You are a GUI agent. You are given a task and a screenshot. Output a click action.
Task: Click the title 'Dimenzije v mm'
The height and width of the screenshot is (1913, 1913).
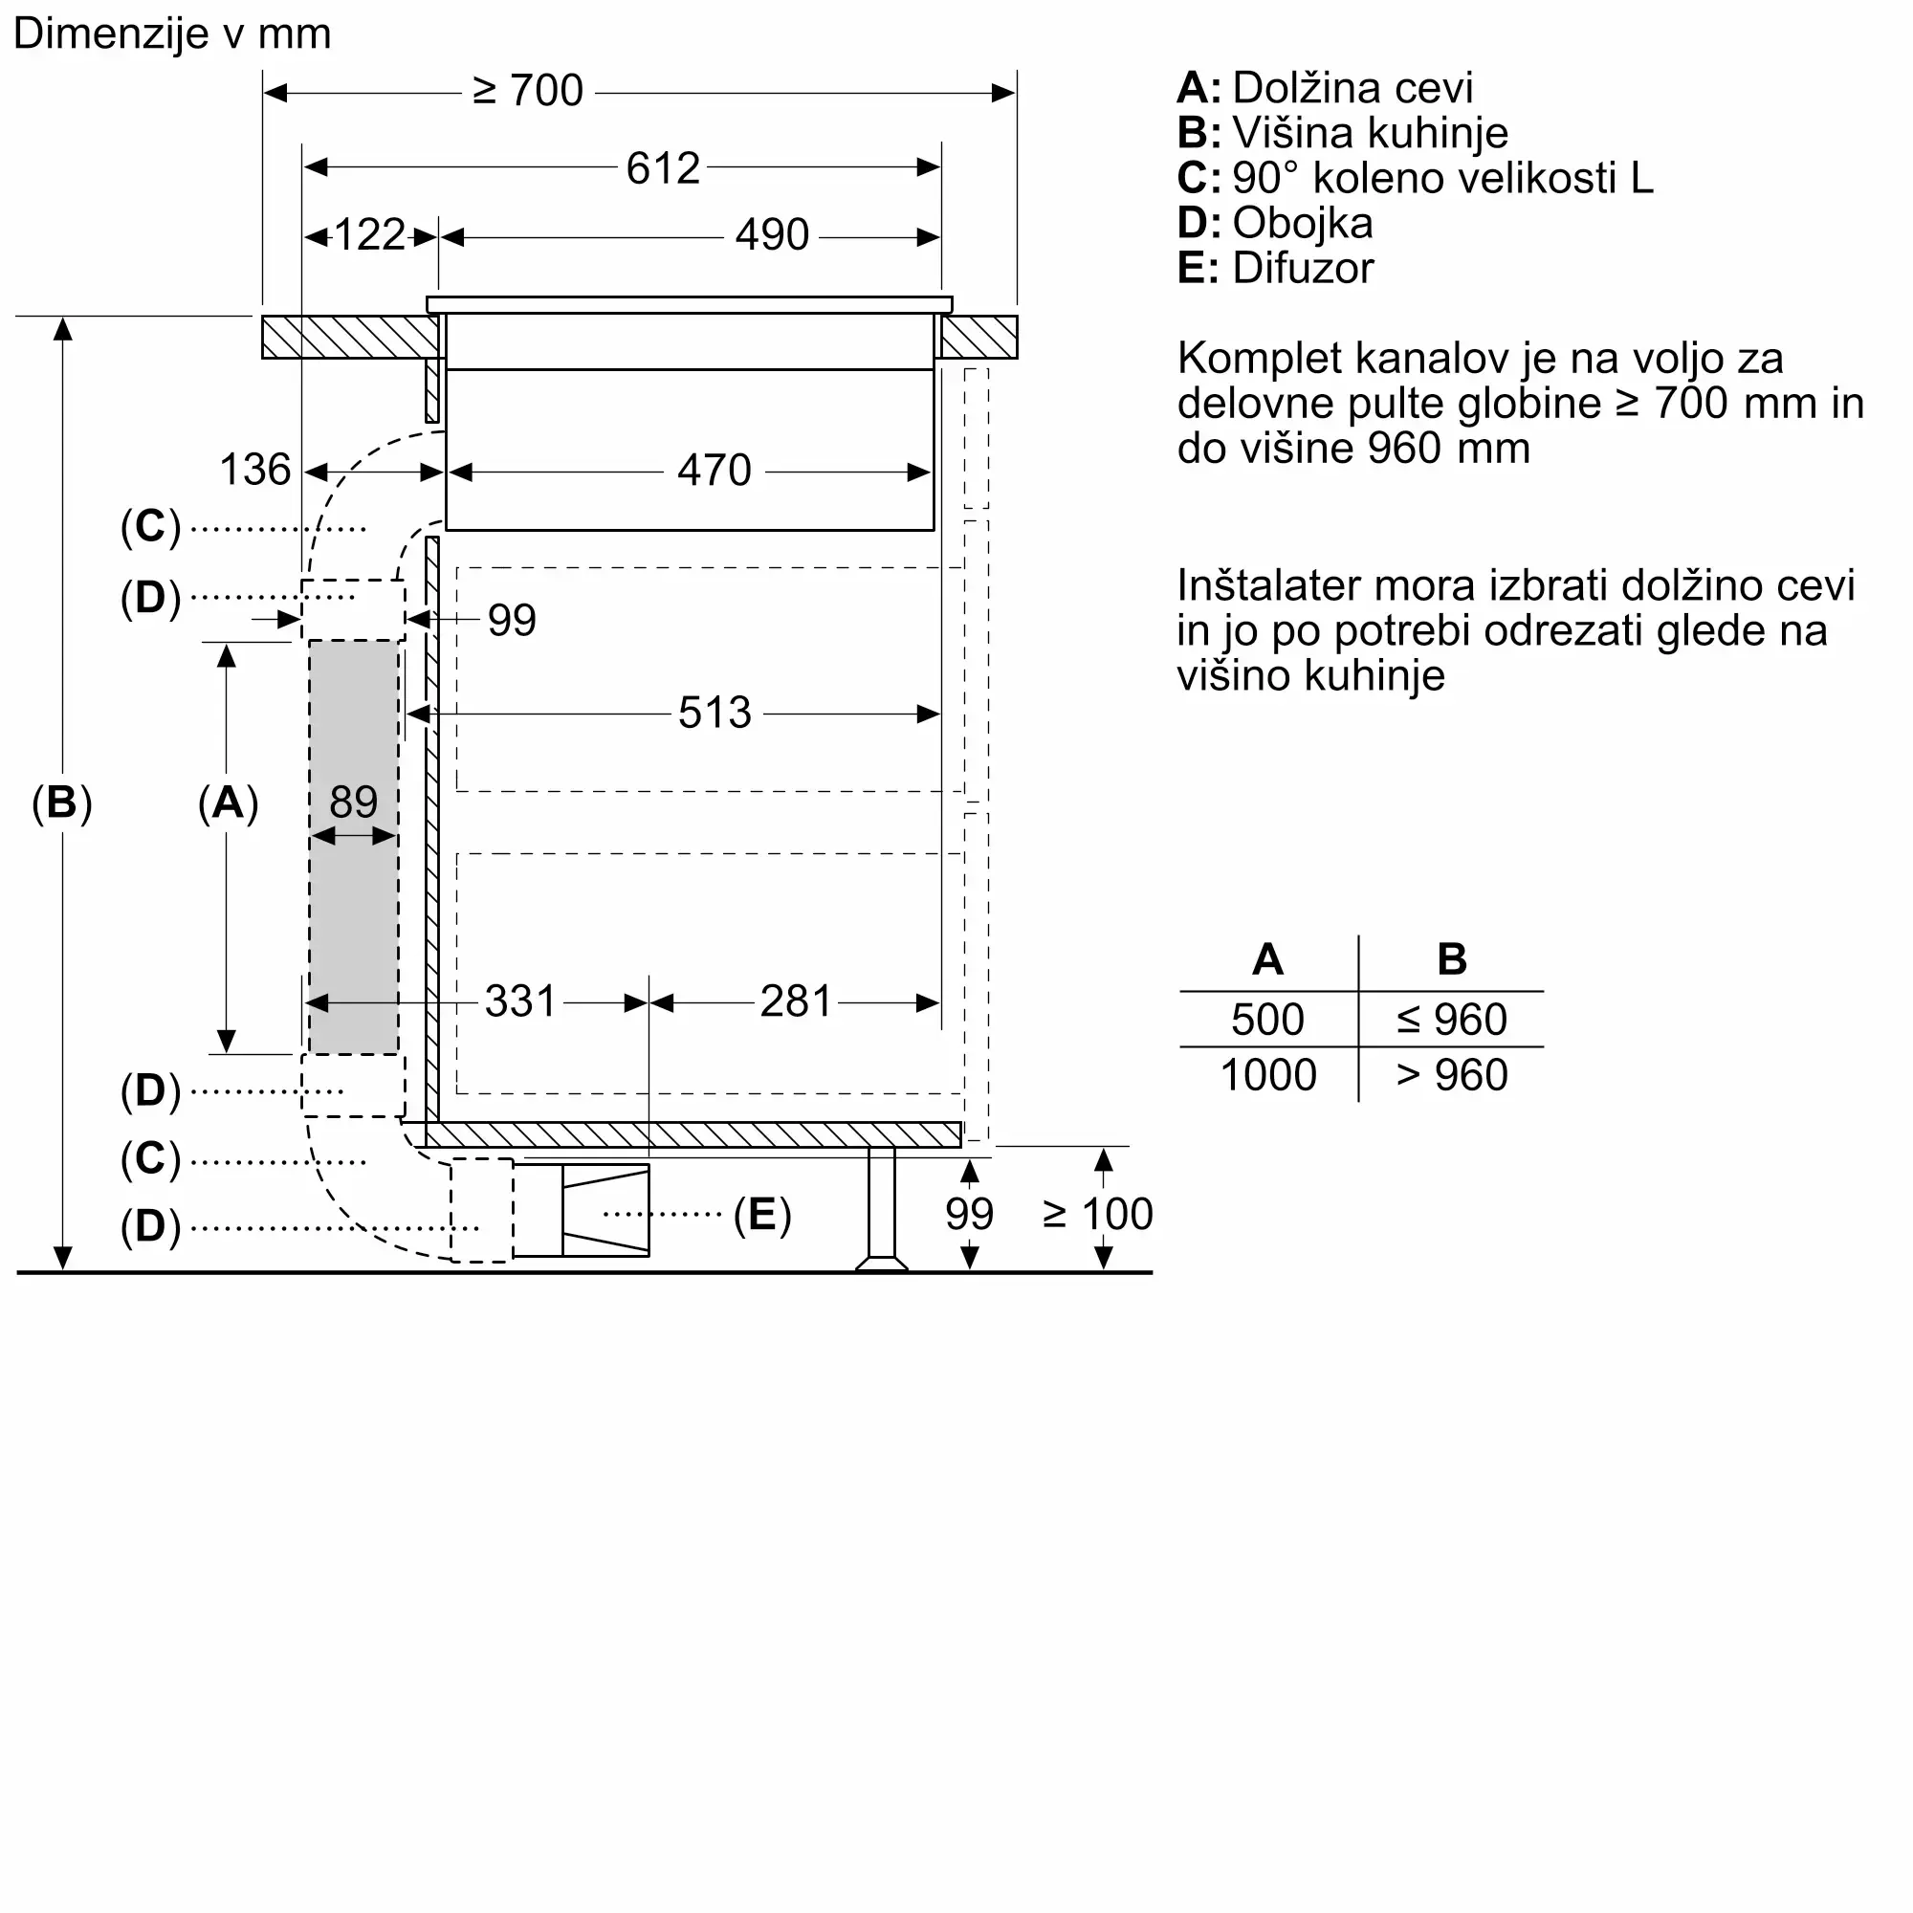[172, 33]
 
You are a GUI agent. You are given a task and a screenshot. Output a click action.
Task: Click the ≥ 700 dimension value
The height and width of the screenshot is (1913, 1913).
[528, 91]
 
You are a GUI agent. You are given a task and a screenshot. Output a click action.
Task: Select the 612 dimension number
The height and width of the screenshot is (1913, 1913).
[663, 168]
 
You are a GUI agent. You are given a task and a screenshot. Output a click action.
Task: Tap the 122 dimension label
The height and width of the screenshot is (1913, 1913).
[368, 235]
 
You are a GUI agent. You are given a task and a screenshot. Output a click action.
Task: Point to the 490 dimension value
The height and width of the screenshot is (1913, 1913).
[771, 235]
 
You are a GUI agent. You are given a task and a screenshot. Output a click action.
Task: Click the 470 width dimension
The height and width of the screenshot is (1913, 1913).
[714, 471]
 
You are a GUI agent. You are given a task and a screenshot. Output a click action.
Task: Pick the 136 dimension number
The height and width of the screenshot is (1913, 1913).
[254, 470]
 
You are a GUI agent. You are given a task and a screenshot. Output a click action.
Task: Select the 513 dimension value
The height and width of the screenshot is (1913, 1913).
[714, 713]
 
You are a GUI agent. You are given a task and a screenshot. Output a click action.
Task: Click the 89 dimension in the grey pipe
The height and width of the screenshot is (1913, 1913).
[354, 803]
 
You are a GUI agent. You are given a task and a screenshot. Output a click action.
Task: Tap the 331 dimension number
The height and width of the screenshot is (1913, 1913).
[521, 1002]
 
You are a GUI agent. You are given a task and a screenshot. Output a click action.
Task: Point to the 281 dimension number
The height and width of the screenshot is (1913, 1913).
[796, 1002]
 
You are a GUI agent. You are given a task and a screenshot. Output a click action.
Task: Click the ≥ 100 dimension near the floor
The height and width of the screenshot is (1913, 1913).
[1097, 1214]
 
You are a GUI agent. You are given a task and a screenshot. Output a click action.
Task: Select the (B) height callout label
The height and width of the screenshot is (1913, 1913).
[61, 803]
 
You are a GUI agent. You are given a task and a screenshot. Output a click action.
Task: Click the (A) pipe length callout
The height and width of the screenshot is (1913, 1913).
[228, 803]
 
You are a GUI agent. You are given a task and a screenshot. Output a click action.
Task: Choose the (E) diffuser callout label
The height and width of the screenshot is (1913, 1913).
[761, 1214]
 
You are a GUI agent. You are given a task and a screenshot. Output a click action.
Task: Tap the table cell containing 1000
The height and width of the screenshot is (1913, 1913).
[1267, 1075]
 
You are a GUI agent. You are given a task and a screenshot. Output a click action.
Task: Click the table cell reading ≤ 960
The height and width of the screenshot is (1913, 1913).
[1452, 1020]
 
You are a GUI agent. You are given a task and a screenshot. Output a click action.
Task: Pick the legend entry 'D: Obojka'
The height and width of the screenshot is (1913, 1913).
[1274, 223]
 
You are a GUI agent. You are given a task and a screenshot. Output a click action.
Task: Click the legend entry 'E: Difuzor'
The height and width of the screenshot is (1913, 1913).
[1275, 269]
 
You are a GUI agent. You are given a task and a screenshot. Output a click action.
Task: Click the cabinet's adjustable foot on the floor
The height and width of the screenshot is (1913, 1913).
[881, 1258]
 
